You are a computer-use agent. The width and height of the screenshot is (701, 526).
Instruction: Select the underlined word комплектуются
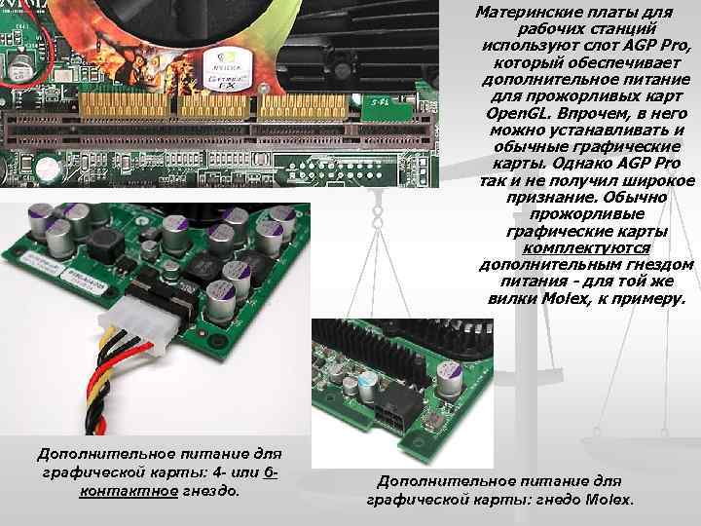pyautogui.click(x=585, y=248)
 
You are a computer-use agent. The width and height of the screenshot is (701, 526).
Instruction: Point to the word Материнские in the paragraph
pyautogui.click(x=516, y=13)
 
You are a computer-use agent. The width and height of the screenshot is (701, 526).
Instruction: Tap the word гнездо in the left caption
pyautogui.click(x=210, y=490)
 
